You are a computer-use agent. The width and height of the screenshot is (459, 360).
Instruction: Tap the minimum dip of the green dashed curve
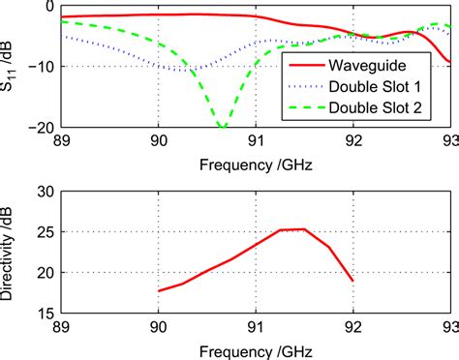click(223, 127)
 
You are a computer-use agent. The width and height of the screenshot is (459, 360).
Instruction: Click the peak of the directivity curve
click(303, 229)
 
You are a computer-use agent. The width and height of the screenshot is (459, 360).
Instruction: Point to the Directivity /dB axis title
click(12, 252)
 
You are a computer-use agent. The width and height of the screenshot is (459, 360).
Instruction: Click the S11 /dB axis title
click(12, 66)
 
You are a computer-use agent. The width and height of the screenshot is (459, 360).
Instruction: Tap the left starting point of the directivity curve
click(157, 290)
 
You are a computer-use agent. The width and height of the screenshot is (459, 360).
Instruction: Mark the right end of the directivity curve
click(352, 281)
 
